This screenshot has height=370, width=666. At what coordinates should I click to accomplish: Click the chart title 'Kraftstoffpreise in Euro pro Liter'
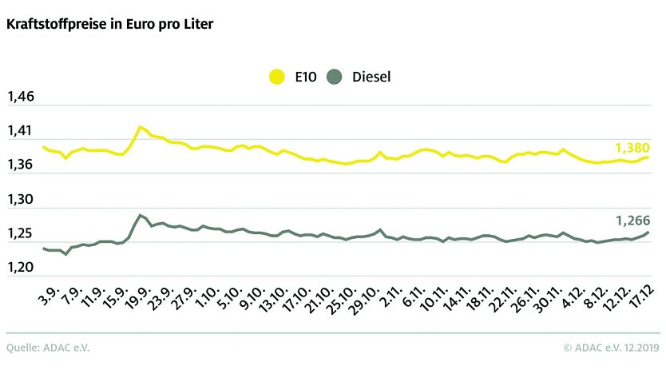109,24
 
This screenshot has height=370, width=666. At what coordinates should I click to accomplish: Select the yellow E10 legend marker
277,77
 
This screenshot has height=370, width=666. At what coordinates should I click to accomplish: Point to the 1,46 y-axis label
21,97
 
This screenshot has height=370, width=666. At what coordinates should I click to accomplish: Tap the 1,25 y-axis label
21,235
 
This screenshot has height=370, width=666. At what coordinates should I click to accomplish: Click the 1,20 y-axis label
21,269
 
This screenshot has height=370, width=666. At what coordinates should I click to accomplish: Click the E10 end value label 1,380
632,148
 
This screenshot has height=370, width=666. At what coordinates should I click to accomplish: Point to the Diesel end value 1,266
632,220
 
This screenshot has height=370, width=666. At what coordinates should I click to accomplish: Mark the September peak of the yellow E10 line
141,126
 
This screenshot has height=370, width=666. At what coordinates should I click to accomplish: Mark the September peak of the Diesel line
141,214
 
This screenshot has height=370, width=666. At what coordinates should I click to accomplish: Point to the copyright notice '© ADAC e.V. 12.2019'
611,348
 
